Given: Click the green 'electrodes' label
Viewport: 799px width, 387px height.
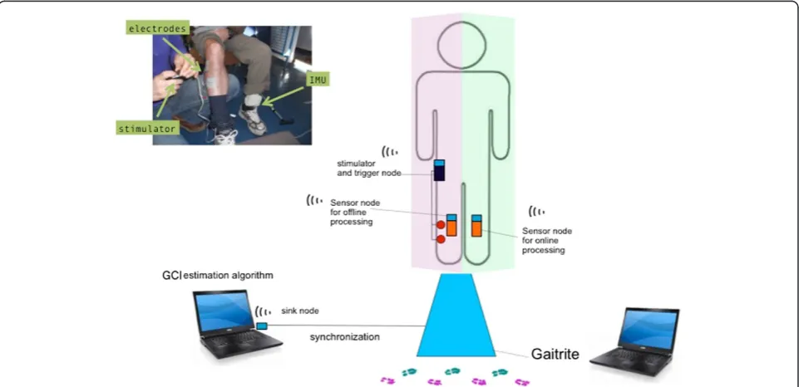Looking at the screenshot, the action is pyautogui.click(x=158, y=28).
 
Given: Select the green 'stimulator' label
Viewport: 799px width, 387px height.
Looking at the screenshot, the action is pyautogui.click(x=148, y=129).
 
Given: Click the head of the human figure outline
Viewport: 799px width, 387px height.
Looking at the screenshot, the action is pyautogui.click(x=461, y=45).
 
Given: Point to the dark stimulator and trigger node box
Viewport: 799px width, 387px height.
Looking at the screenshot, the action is pyautogui.click(x=439, y=170).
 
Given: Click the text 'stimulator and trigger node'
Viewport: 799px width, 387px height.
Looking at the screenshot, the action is pyautogui.click(x=369, y=169).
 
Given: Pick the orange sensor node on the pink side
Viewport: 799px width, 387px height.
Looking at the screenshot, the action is pyautogui.click(x=451, y=226).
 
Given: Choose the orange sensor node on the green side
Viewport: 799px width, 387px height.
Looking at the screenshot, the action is pyautogui.click(x=476, y=226).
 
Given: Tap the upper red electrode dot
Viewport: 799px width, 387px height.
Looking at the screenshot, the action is pyautogui.click(x=441, y=225).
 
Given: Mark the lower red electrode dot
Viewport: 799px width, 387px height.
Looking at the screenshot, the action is pyautogui.click(x=441, y=239).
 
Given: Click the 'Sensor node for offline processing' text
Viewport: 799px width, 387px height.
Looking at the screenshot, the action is pyautogui.click(x=355, y=212).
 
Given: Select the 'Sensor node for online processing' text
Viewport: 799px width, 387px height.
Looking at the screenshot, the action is pyautogui.click(x=547, y=240).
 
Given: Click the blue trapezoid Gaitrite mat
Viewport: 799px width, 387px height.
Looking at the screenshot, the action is pyautogui.click(x=456, y=316).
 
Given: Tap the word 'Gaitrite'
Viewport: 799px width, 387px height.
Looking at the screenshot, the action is pyautogui.click(x=555, y=354).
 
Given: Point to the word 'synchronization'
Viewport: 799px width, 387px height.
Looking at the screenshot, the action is pyautogui.click(x=344, y=336).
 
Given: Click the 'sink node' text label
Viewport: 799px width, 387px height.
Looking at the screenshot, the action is pyautogui.click(x=300, y=311).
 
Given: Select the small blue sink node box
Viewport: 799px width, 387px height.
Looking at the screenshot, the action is pyautogui.click(x=262, y=326).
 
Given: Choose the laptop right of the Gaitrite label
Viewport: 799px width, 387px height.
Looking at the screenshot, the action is pyautogui.click(x=635, y=341).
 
